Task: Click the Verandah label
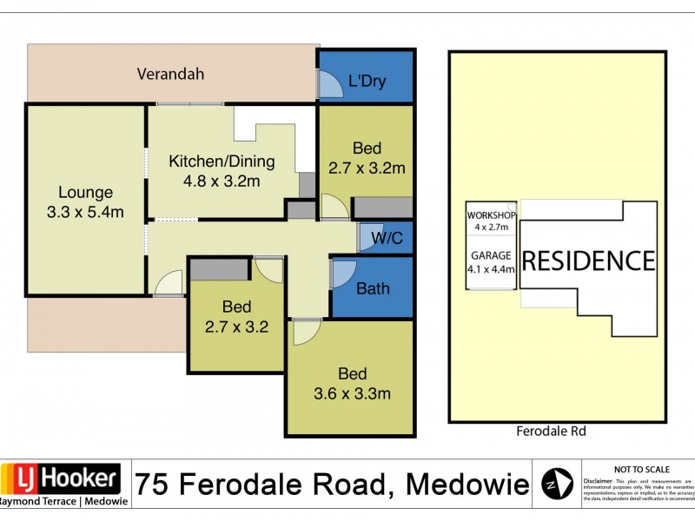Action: [x=170, y=74]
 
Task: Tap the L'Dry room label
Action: [x=367, y=82]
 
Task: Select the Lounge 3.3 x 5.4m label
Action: [x=85, y=202]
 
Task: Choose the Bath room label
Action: [x=373, y=288]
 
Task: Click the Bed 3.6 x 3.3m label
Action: [x=352, y=384]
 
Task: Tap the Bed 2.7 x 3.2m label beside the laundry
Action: [x=366, y=157]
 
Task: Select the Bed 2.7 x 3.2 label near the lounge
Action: [x=236, y=317]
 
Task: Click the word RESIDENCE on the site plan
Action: [x=588, y=260]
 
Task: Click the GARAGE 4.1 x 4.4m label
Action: [x=492, y=262]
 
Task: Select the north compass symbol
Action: [x=557, y=484]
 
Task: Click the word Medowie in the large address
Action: [x=465, y=482]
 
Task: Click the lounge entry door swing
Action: [x=170, y=284]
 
